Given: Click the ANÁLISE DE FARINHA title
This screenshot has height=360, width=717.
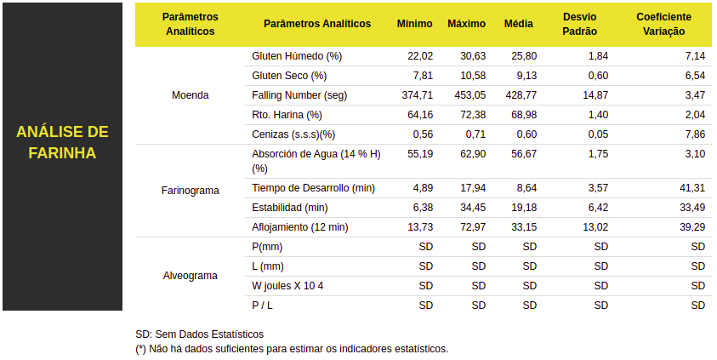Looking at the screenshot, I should point(62,142).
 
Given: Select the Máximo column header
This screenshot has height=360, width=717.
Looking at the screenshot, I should point(466,24).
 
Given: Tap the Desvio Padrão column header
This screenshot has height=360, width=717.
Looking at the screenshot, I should point(580,24).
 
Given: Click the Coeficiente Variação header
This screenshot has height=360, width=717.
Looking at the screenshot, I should point(663,24).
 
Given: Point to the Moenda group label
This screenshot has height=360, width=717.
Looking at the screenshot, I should point(190,95).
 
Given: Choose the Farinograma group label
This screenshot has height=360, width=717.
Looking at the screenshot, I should point(190,191).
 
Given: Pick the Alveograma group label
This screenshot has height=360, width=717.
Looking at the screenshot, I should point(190,276).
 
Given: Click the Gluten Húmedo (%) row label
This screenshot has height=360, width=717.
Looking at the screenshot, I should point(296,56).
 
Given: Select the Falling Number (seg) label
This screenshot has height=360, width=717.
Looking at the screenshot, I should point(299,95).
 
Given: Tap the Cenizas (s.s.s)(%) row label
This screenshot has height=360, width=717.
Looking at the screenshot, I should point(293,134).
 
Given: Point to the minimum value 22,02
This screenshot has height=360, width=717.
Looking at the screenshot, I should point(420,56).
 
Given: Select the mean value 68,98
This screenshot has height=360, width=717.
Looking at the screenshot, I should point(524,115).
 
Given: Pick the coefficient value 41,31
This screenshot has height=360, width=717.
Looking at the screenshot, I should point(692,188).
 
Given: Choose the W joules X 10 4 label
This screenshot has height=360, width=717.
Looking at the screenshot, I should point(287,286).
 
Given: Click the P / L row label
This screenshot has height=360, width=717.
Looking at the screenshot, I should point(262,306).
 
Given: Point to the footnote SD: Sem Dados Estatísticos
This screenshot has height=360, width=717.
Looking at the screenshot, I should point(200,334).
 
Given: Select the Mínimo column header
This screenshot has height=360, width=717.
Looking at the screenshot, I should point(414,24).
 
